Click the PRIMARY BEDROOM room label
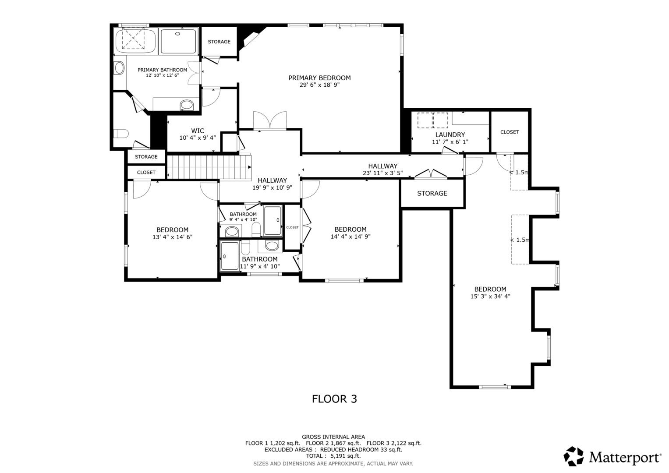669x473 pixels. click(319, 78)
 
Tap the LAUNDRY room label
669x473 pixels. click(450, 135)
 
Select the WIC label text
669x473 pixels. click(198, 131)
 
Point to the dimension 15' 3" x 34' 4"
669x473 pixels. click(490, 297)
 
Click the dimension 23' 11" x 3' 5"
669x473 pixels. click(382, 173)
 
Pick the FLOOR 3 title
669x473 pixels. click(334, 399)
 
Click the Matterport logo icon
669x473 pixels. click(573, 456)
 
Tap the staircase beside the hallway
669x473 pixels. click(209, 167)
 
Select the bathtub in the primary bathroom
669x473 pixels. click(135, 40)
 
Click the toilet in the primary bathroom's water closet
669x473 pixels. click(121, 134)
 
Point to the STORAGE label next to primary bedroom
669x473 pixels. click(219, 42)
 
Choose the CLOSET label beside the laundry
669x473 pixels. click(510, 132)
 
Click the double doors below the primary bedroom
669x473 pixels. click(270, 120)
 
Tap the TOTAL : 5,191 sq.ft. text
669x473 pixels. click(333, 456)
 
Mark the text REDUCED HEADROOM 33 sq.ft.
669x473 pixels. click(361, 450)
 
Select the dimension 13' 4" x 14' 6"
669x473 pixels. click(172, 237)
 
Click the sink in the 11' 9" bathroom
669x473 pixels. click(272, 246)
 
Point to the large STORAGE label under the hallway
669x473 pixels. click(432, 194)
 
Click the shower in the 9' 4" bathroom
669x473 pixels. click(273, 220)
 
